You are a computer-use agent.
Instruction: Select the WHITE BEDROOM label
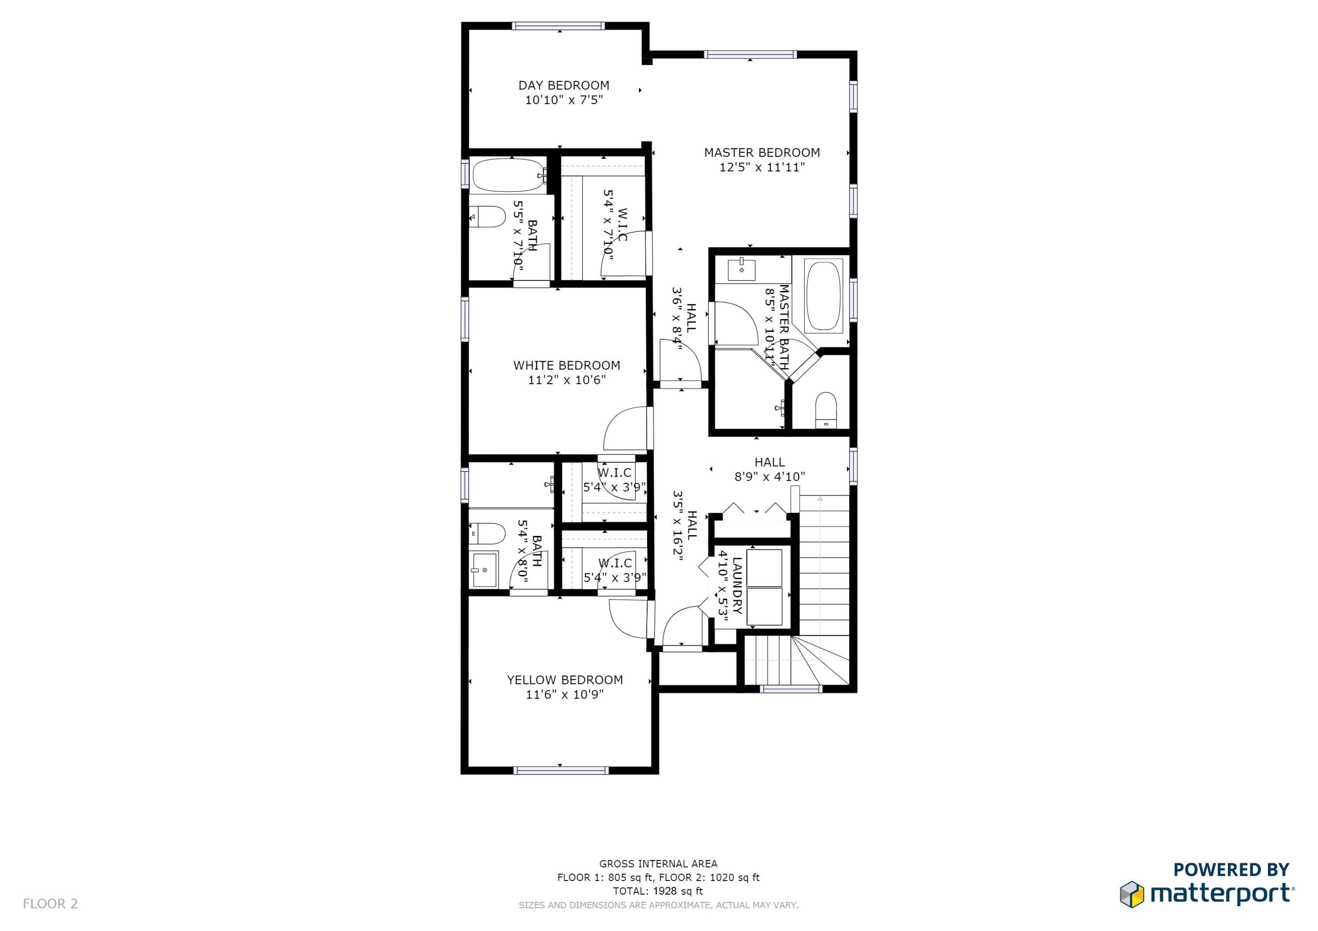pos(567,365)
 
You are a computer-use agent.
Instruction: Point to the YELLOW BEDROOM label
pos(565,680)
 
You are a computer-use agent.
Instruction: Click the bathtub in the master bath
pos(823,296)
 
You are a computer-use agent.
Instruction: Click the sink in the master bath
pos(741,270)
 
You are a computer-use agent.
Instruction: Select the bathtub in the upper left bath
pos(508,176)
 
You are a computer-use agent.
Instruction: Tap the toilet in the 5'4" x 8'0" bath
pos(487,533)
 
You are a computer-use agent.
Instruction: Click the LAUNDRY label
pos(737,586)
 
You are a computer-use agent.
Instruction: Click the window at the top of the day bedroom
pos(558,26)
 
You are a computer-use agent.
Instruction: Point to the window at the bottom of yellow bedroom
pos(561,770)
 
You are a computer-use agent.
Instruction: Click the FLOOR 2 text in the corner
pos(51,903)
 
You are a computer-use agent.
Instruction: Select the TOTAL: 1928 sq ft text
pos(658,891)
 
